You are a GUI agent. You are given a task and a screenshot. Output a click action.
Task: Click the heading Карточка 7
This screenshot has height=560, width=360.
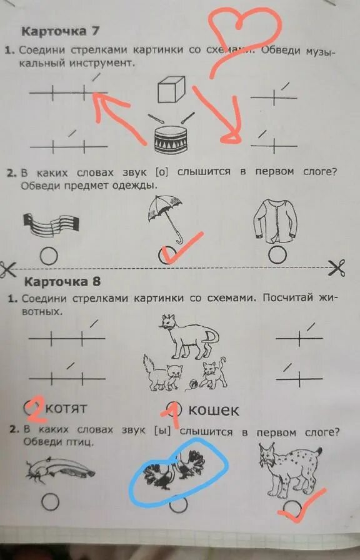[61, 31]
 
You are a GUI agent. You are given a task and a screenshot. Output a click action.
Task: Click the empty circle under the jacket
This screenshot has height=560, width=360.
[279, 254]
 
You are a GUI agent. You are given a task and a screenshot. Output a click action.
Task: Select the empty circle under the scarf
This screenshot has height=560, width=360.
[49, 256]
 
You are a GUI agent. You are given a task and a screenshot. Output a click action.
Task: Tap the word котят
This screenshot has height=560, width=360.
[66, 409]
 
